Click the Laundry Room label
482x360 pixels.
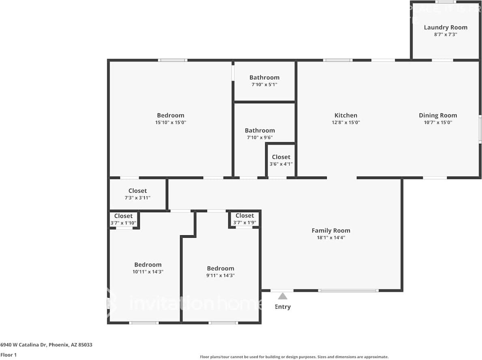coord(446,28)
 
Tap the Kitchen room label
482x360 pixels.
coord(346,115)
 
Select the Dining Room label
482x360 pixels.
coord(438,115)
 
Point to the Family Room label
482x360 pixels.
coord(331,230)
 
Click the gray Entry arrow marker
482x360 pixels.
coord(283,296)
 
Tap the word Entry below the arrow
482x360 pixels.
coord(283,307)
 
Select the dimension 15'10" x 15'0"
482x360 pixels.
coord(171,122)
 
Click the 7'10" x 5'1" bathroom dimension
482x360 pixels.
coord(264,84)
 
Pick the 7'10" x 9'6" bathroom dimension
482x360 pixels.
coord(259,137)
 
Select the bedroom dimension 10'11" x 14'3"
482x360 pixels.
coord(148,272)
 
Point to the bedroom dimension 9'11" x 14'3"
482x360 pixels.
coord(221,275)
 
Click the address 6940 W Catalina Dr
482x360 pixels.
coord(46,345)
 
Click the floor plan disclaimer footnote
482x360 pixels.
coord(294,357)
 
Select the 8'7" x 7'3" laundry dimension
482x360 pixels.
coord(446,34)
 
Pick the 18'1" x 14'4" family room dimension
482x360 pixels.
coord(331,237)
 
